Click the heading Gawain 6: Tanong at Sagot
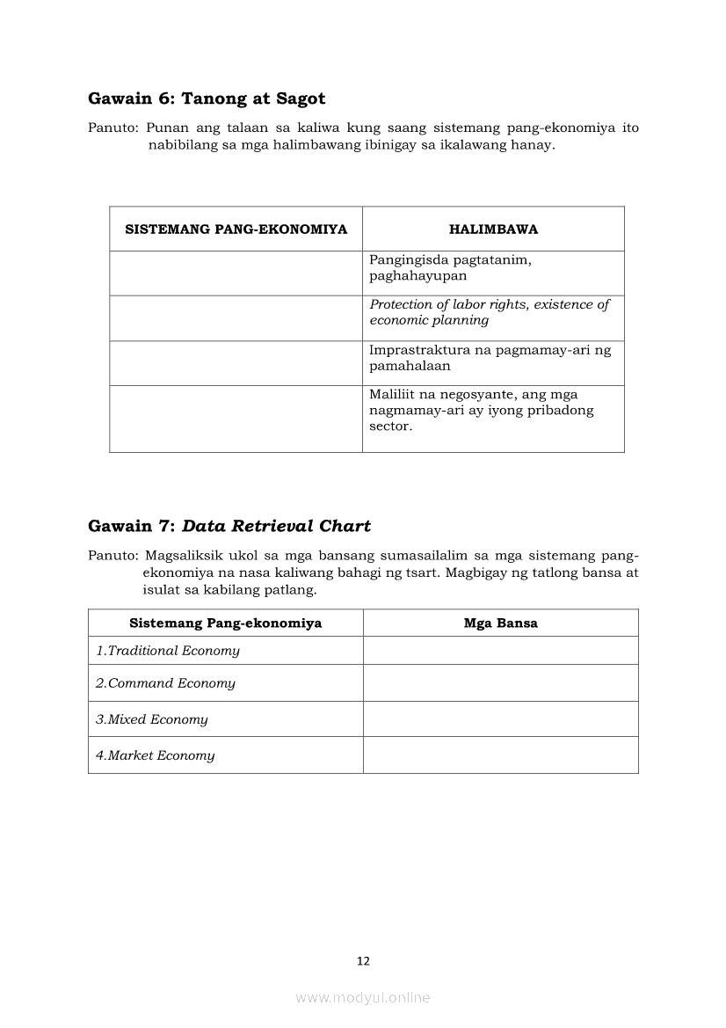(x=207, y=98)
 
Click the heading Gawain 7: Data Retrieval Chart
(x=229, y=526)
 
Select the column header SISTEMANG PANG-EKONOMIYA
(x=236, y=230)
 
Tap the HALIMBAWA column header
(x=493, y=230)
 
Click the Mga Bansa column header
(x=500, y=623)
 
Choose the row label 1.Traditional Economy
(x=168, y=651)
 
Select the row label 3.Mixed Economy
(x=152, y=719)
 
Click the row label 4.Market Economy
(x=156, y=755)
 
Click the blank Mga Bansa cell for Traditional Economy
(x=500, y=651)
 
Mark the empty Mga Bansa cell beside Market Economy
(x=500, y=755)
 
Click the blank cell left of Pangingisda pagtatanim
(x=236, y=273)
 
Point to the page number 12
(x=363, y=961)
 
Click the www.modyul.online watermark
(x=363, y=997)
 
